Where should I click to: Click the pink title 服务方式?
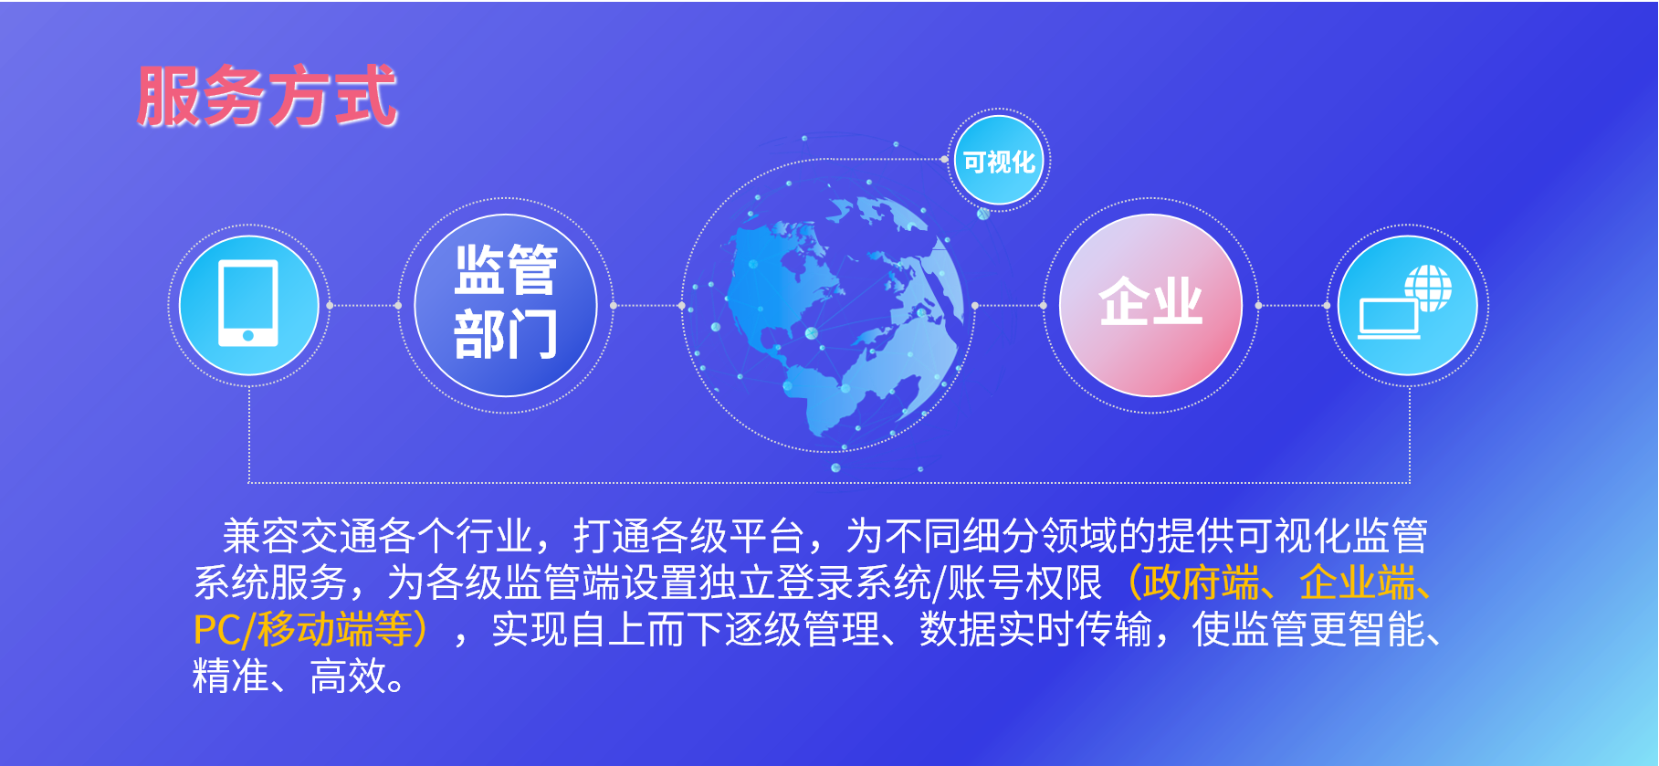pyautogui.click(x=268, y=96)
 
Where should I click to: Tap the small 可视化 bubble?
pyautogui.click(x=1000, y=161)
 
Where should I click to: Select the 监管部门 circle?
pyautogui.click(x=506, y=305)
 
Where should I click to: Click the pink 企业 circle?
pyautogui.click(x=1150, y=305)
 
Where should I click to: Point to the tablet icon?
pyautogui.click(x=248, y=303)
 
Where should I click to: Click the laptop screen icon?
pyautogui.click(x=1389, y=319)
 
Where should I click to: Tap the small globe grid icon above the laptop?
pyautogui.click(x=1429, y=288)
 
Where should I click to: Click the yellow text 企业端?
pyautogui.click(x=1357, y=582)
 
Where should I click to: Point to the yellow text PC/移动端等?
pyautogui.click(x=303, y=629)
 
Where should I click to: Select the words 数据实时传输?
pyautogui.click(x=1035, y=629)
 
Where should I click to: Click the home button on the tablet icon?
pyautogui.click(x=248, y=336)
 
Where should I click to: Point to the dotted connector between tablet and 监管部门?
pyautogui.click(x=363, y=305)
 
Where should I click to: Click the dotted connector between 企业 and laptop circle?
pyautogui.click(x=1293, y=305)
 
